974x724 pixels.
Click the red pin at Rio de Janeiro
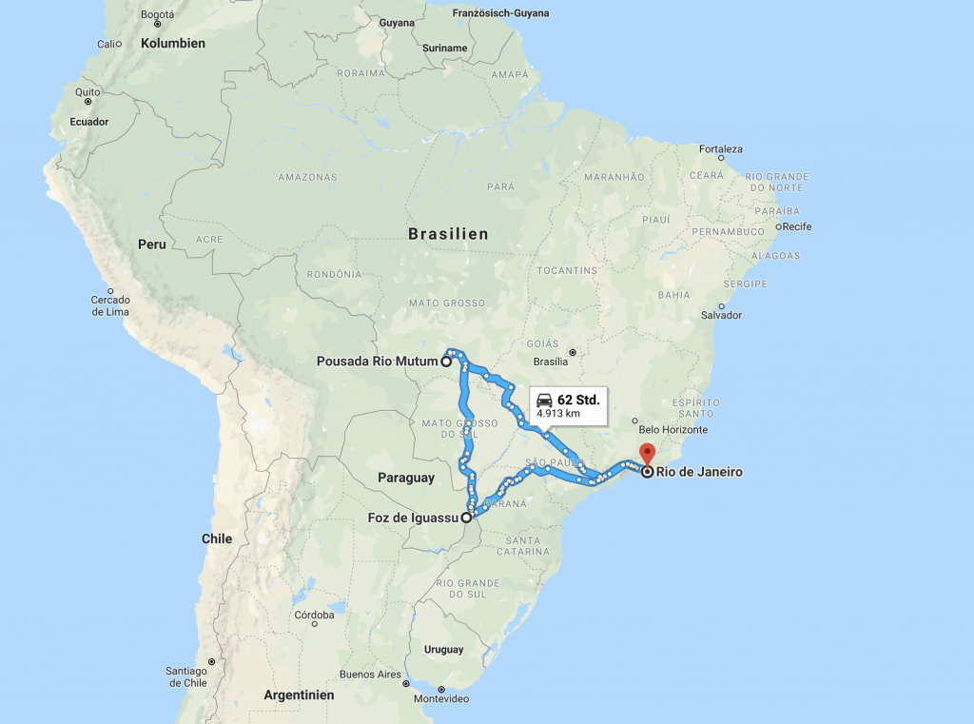click(x=647, y=454)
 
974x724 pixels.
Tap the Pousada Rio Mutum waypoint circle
click(x=445, y=362)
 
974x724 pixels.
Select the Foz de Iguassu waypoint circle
click(x=466, y=519)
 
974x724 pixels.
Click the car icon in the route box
click(x=544, y=400)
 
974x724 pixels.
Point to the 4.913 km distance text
click(x=558, y=414)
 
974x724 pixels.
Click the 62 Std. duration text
click(x=578, y=400)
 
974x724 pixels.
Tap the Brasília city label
click(x=552, y=362)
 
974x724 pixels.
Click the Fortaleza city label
click(x=721, y=149)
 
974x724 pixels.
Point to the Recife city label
click(x=796, y=226)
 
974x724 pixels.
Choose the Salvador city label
click(x=721, y=315)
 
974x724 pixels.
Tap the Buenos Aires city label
click(x=371, y=675)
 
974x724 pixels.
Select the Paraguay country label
click(x=405, y=478)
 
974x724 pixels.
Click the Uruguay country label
click(x=443, y=650)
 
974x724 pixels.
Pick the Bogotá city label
click(x=157, y=14)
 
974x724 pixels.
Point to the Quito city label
click(x=88, y=91)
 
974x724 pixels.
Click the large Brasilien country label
click(x=448, y=234)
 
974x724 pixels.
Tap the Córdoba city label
click(x=314, y=615)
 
